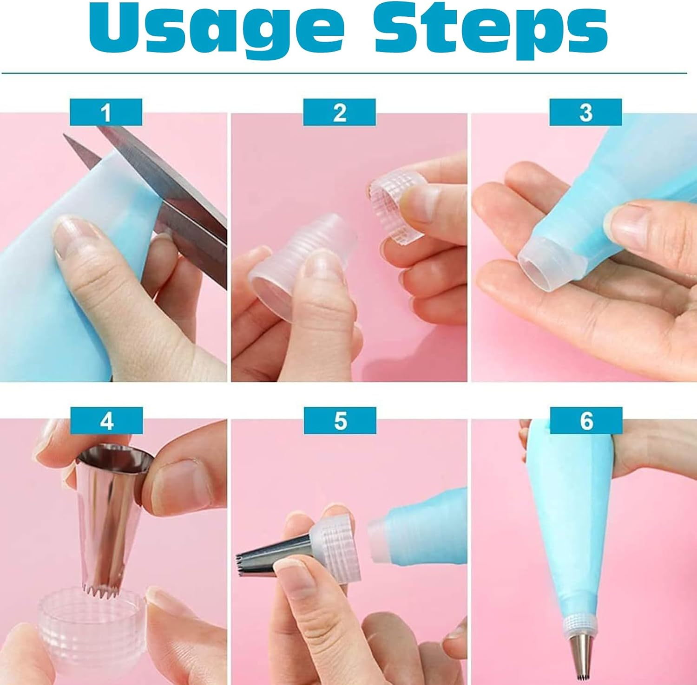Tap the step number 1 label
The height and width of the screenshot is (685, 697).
106,112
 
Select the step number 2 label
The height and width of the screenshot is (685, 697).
339,112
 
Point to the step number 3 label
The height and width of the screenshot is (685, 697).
585,112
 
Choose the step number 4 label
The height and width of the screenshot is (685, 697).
106,421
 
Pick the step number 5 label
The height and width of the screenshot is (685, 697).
340,421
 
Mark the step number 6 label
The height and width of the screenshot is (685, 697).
586,421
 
